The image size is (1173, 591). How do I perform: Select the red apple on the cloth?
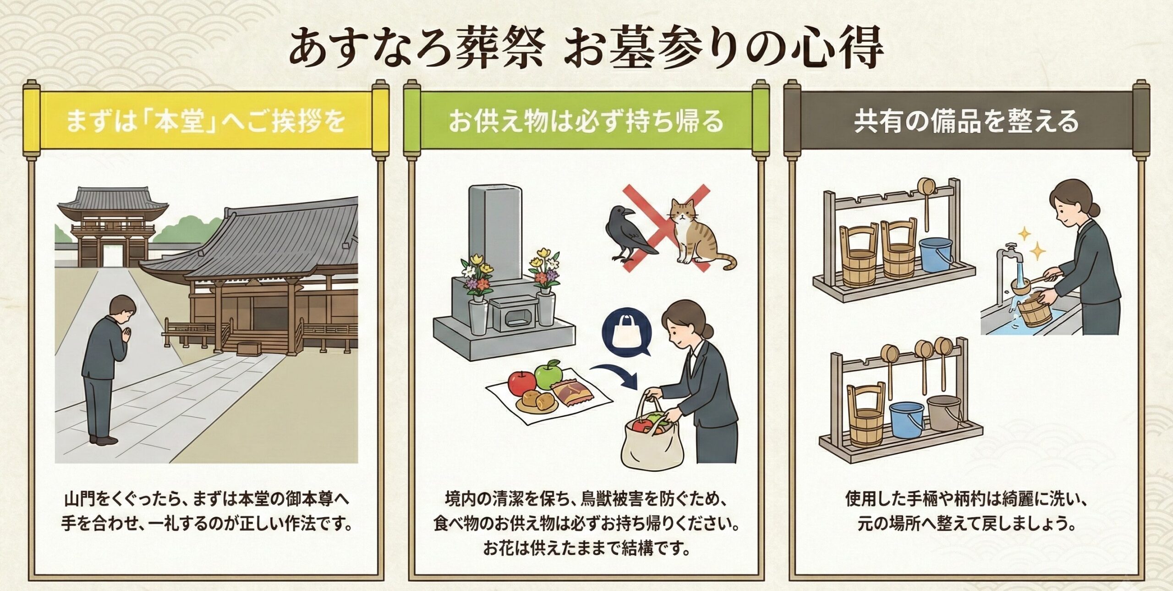(521, 382)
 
